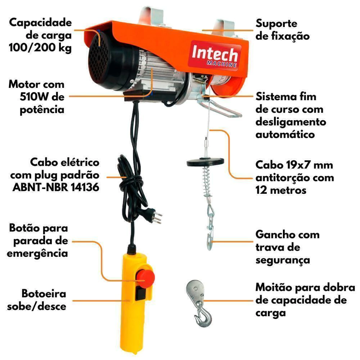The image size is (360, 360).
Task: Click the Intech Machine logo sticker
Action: tap(215, 55)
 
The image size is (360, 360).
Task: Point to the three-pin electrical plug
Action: tap(154, 215)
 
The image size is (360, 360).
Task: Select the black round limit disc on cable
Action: tap(205, 162)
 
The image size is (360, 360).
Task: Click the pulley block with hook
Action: tap(199, 303)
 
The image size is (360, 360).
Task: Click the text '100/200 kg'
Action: tap(40, 48)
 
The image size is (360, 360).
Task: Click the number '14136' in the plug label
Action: tap(85, 187)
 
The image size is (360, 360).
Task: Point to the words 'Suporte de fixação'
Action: tap(283, 30)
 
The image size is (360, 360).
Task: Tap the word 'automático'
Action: tap(285, 134)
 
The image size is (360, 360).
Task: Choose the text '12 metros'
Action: tap(281, 190)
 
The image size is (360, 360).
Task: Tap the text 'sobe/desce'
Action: tap(37, 306)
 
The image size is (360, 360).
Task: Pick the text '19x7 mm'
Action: tap(310, 165)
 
